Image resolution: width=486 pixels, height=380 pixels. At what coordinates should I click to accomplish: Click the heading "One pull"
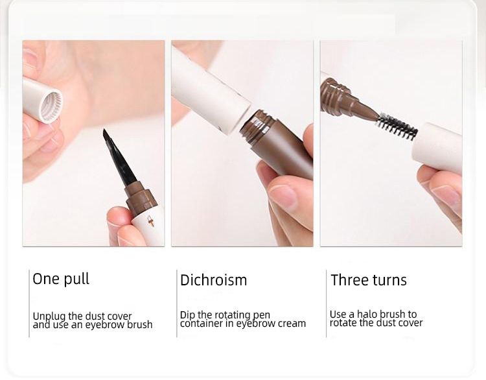[61, 279]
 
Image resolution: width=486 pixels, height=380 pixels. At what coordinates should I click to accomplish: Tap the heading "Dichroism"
[213, 280]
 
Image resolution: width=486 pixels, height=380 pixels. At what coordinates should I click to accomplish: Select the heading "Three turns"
[368, 280]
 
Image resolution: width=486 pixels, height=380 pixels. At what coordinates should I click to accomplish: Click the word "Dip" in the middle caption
[187, 315]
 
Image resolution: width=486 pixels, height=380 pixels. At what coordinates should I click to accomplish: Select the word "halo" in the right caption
[367, 314]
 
